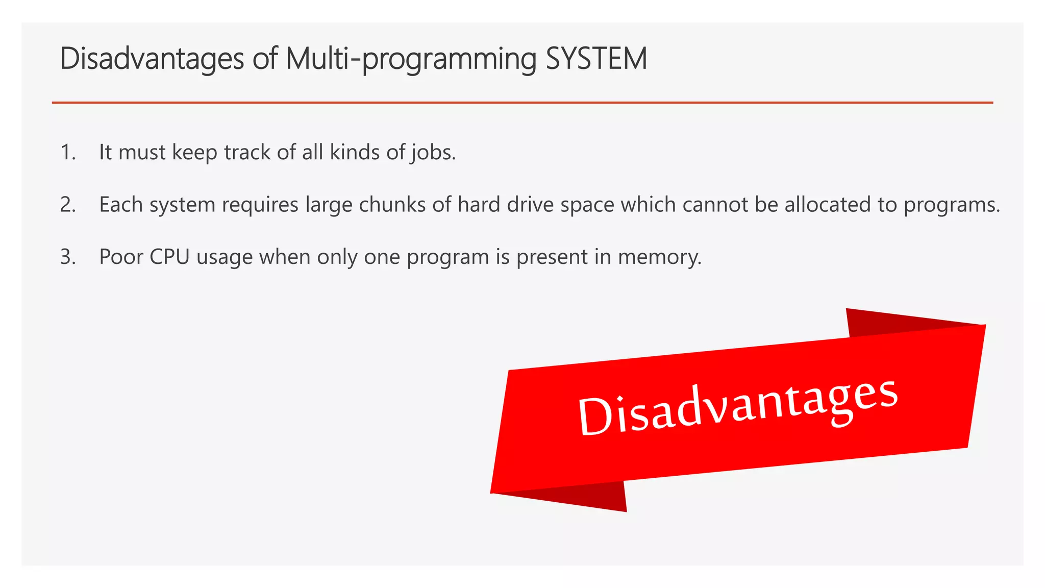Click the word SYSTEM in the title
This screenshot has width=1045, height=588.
(596, 58)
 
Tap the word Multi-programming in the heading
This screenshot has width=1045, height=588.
(411, 59)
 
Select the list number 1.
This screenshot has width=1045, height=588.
(67, 152)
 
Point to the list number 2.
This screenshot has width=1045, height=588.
(67, 205)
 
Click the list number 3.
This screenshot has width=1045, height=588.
(67, 257)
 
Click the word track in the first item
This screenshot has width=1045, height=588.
(247, 152)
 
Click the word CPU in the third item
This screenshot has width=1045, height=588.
(169, 257)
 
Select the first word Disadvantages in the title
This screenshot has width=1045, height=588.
(152, 59)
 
